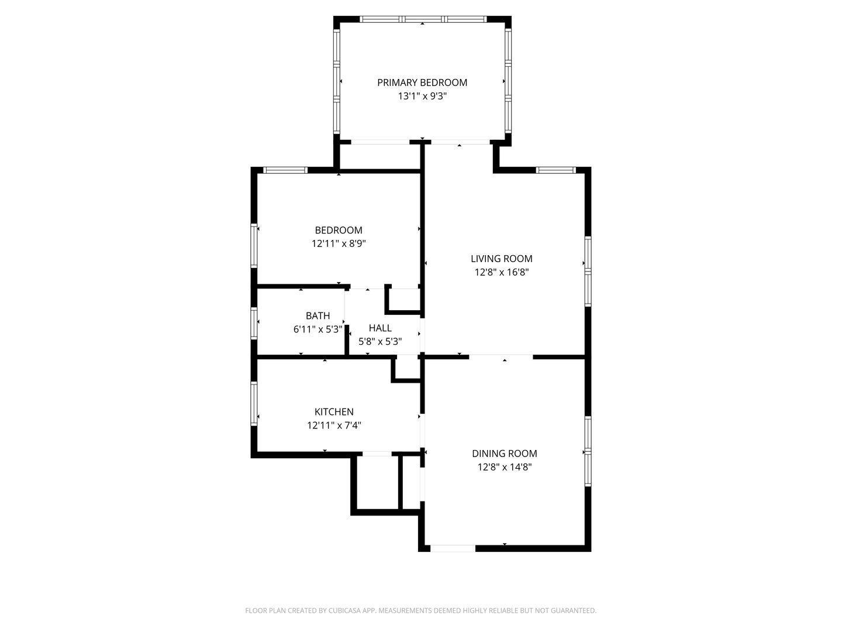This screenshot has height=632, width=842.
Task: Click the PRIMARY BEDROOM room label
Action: [x=422, y=83]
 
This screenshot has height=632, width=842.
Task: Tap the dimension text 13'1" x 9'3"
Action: [x=422, y=96]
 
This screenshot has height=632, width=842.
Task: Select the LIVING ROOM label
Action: [x=501, y=259]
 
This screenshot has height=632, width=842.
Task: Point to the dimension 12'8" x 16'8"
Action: [x=502, y=272]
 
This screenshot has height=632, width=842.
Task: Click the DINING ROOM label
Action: [x=505, y=453]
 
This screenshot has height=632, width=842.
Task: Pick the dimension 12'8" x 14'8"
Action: [x=505, y=467]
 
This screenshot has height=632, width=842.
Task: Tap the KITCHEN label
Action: [x=334, y=412]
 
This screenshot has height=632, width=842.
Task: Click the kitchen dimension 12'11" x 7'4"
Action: [x=334, y=425]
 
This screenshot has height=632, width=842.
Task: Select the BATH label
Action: [x=318, y=315]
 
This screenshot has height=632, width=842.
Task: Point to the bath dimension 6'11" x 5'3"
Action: [x=318, y=329]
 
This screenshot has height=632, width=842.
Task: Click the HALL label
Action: [x=380, y=328]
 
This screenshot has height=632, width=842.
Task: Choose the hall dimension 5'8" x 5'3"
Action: [x=380, y=341]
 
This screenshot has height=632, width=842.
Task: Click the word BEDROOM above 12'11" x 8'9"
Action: [x=339, y=230]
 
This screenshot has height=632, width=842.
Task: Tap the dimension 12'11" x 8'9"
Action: [x=339, y=243]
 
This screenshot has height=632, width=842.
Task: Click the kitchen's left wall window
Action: [x=254, y=403]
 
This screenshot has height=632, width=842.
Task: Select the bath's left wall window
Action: [x=254, y=323]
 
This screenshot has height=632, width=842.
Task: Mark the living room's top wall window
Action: [x=556, y=170]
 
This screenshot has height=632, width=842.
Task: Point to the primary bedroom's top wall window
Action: [x=423, y=19]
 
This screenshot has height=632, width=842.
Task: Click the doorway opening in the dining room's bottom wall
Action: [x=453, y=548]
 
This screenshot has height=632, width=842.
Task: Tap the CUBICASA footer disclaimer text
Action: [x=421, y=610]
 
